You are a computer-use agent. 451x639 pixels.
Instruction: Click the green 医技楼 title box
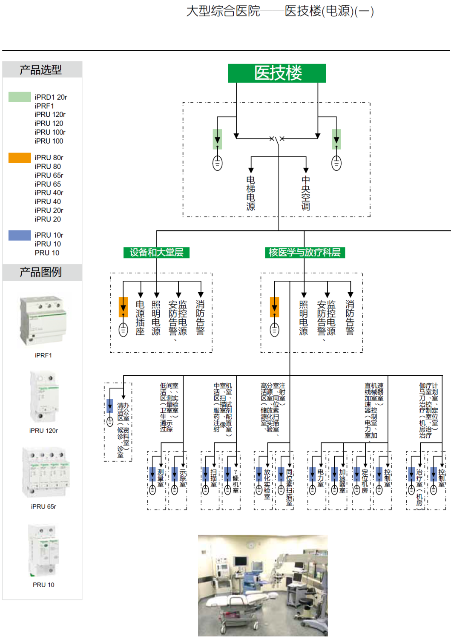coord(277,73)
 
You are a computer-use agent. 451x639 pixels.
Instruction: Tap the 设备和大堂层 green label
coord(156,253)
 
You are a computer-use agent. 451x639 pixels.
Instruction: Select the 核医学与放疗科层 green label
coord(304,253)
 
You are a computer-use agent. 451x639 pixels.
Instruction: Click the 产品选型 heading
coord(41,69)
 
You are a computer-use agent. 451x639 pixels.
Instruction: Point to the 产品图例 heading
coord(41,272)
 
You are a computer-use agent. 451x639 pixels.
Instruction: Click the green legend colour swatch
coord(20,97)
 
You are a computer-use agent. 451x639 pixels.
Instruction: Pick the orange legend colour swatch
coord(20,158)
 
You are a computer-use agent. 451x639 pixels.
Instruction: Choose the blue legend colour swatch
coord(20,235)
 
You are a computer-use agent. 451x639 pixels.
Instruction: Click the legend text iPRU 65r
coord(49,175)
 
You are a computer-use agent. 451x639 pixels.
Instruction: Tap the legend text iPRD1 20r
coord(51,97)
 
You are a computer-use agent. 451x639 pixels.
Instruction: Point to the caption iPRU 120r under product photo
coord(43,431)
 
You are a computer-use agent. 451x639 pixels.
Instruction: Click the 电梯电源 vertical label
coord(251,193)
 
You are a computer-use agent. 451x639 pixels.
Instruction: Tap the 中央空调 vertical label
coord(306,193)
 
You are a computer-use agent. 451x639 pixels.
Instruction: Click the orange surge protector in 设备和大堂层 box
coord(123,307)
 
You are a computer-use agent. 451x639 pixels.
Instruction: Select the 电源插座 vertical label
coord(140,318)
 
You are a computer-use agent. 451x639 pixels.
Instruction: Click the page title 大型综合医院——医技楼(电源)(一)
coord(280,11)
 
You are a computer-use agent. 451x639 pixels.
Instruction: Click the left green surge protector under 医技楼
coord(218,139)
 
